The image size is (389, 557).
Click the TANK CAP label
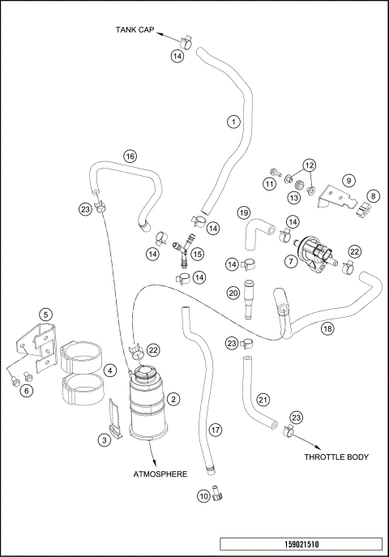pyautogui.click(x=134, y=31)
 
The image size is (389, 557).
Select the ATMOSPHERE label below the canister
pyautogui.click(x=159, y=473)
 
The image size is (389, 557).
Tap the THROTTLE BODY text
pyautogui.click(x=336, y=457)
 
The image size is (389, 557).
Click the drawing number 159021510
pyautogui.click(x=301, y=544)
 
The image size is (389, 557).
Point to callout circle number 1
pyautogui.click(x=233, y=122)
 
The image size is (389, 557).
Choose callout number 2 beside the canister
pyautogui.click(x=173, y=399)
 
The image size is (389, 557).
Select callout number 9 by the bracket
pyautogui.click(x=348, y=180)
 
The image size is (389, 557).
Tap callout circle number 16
pyautogui.click(x=130, y=156)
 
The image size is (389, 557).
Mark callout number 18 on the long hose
pyautogui.click(x=327, y=328)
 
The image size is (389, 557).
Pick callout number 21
pyautogui.click(x=263, y=399)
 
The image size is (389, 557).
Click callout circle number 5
pyautogui.click(x=46, y=314)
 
